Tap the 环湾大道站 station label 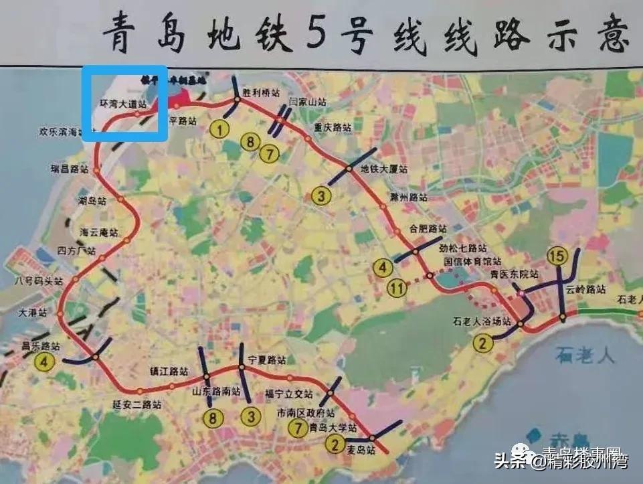point(122,104)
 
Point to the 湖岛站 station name point(92,200)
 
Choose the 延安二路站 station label point(137,404)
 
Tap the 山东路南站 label point(216,392)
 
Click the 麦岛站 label point(361,451)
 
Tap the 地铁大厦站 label point(383,169)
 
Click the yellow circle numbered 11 point(398,289)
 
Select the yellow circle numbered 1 point(219,127)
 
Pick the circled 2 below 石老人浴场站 point(483,344)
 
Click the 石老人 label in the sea point(589,355)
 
